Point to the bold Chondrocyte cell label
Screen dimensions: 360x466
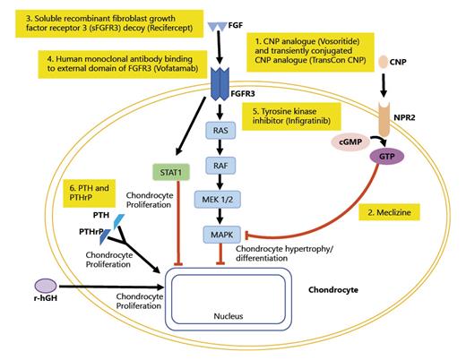339,290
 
